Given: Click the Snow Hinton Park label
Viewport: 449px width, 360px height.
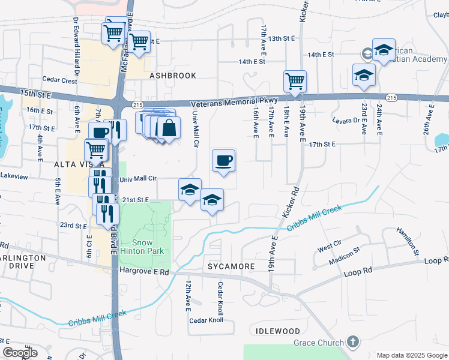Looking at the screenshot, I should tap(142, 247).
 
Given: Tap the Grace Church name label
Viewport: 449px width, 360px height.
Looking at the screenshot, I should tap(318, 343).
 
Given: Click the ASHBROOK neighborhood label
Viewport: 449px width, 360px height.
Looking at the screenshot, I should tap(173, 76).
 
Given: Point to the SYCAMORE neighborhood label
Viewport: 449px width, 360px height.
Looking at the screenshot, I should tap(231, 265).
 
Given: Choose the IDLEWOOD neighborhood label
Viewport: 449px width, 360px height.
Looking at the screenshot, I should tap(277, 331).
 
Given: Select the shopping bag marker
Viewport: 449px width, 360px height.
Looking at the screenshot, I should tap(169, 127).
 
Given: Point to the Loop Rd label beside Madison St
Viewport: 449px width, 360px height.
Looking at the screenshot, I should tap(358, 272).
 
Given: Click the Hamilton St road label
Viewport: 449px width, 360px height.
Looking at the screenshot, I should tap(408, 241).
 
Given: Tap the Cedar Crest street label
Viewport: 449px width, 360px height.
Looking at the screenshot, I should tap(60, 80).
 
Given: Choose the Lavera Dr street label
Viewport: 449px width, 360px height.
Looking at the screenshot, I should tap(347, 120).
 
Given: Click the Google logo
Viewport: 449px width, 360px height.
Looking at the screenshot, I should tap(20, 352).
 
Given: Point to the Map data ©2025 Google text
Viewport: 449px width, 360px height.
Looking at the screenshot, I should tap(412, 355).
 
